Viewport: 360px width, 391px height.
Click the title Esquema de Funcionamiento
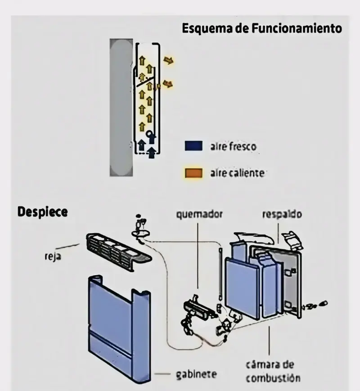[261, 28]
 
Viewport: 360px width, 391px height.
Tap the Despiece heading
[43, 212]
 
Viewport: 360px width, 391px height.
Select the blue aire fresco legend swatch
[193, 146]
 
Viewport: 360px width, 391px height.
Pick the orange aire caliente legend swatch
[193, 173]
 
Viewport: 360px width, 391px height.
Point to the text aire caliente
[237, 173]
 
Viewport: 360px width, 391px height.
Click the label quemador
[199, 214]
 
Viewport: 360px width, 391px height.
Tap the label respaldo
[282, 214]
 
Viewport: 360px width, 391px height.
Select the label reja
[53, 257]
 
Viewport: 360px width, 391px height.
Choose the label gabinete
[196, 374]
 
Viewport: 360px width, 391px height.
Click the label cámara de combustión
[273, 371]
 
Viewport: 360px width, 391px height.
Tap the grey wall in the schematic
[121, 108]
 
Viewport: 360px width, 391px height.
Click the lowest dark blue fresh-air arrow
[151, 153]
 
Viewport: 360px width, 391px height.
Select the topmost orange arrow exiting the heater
[168, 60]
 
